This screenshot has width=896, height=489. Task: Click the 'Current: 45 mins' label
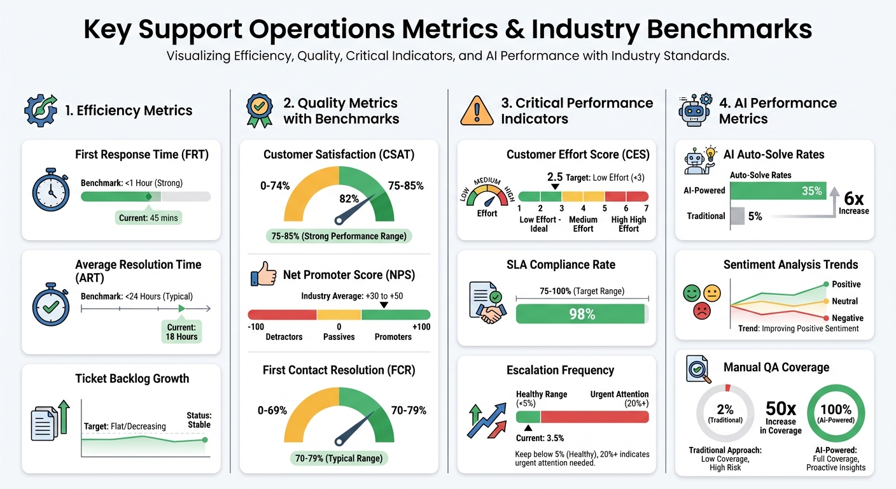click(x=149, y=218)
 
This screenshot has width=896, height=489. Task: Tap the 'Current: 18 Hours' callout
click(x=182, y=332)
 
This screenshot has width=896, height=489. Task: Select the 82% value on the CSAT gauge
click(x=349, y=199)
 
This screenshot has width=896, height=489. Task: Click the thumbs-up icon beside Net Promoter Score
click(x=263, y=276)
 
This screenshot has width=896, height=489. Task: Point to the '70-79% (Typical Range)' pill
click(x=339, y=458)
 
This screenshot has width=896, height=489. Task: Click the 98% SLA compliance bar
click(x=582, y=314)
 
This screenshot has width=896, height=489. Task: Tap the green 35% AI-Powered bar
click(x=778, y=190)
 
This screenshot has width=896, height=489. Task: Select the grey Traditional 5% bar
click(x=736, y=216)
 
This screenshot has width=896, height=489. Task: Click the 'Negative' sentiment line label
click(x=848, y=318)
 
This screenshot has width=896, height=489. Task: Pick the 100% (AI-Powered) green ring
click(x=836, y=413)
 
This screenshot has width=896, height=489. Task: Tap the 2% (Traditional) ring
click(x=725, y=413)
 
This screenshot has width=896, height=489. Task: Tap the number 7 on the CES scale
click(x=647, y=208)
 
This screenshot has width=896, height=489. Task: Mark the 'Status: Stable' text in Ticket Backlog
click(x=199, y=420)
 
